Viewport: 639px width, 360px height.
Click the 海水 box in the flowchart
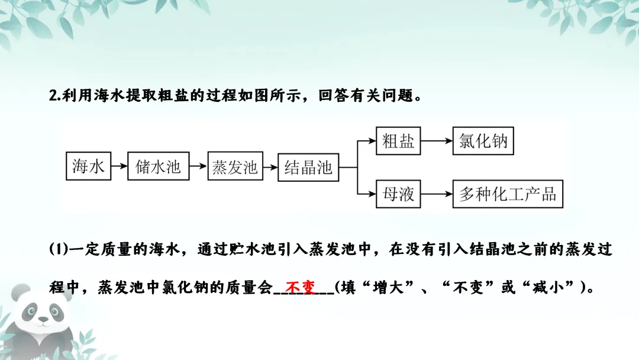pyautogui.click(x=88, y=166)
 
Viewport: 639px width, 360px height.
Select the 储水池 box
pyautogui.click(x=158, y=166)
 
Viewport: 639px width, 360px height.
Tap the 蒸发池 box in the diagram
pyautogui.click(x=235, y=166)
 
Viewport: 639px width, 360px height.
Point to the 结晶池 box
pyautogui.click(x=308, y=166)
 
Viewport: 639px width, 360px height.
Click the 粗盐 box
pyautogui.click(x=398, y=142)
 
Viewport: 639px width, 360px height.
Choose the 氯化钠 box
pyautogui.click(x=483, y=142)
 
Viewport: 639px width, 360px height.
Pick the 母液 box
pyautogui.click(x=398, y=194)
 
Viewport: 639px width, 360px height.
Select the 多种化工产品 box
pyautogui.click(x=508, y=194)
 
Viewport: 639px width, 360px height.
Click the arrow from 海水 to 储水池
pyautogui.click(x=119, y=167)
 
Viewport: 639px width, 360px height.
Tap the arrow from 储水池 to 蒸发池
pyautogui.click(x=198, y=167)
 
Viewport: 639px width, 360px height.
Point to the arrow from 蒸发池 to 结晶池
pyautogui.click(x=270, y=167)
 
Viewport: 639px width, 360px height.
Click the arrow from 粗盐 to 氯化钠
pyautogui.click(x=436, y=142)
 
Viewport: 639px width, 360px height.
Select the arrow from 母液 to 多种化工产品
pyautogui.click(x=436, y=194)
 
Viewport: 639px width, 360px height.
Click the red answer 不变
pyautogui.click(x=300, y=288)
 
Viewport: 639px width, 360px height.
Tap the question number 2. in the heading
pyautogui.click(x=56, y=96)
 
